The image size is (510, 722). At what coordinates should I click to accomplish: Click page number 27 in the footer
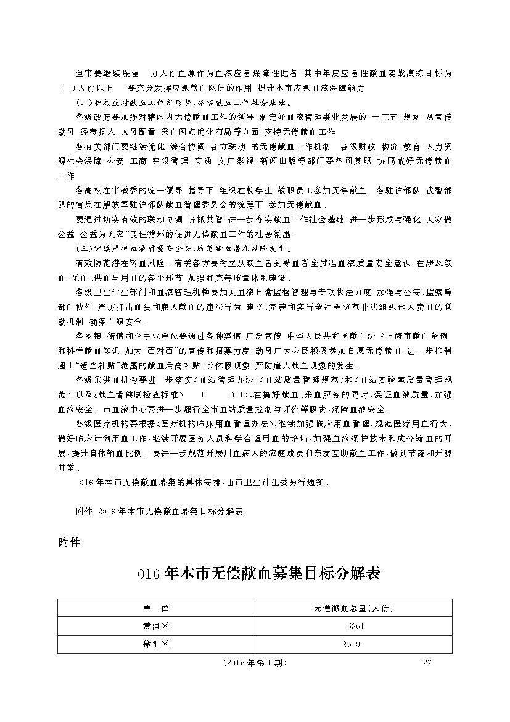click(427, 663)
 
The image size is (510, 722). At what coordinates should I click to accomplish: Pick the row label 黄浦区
click(155, 626)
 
